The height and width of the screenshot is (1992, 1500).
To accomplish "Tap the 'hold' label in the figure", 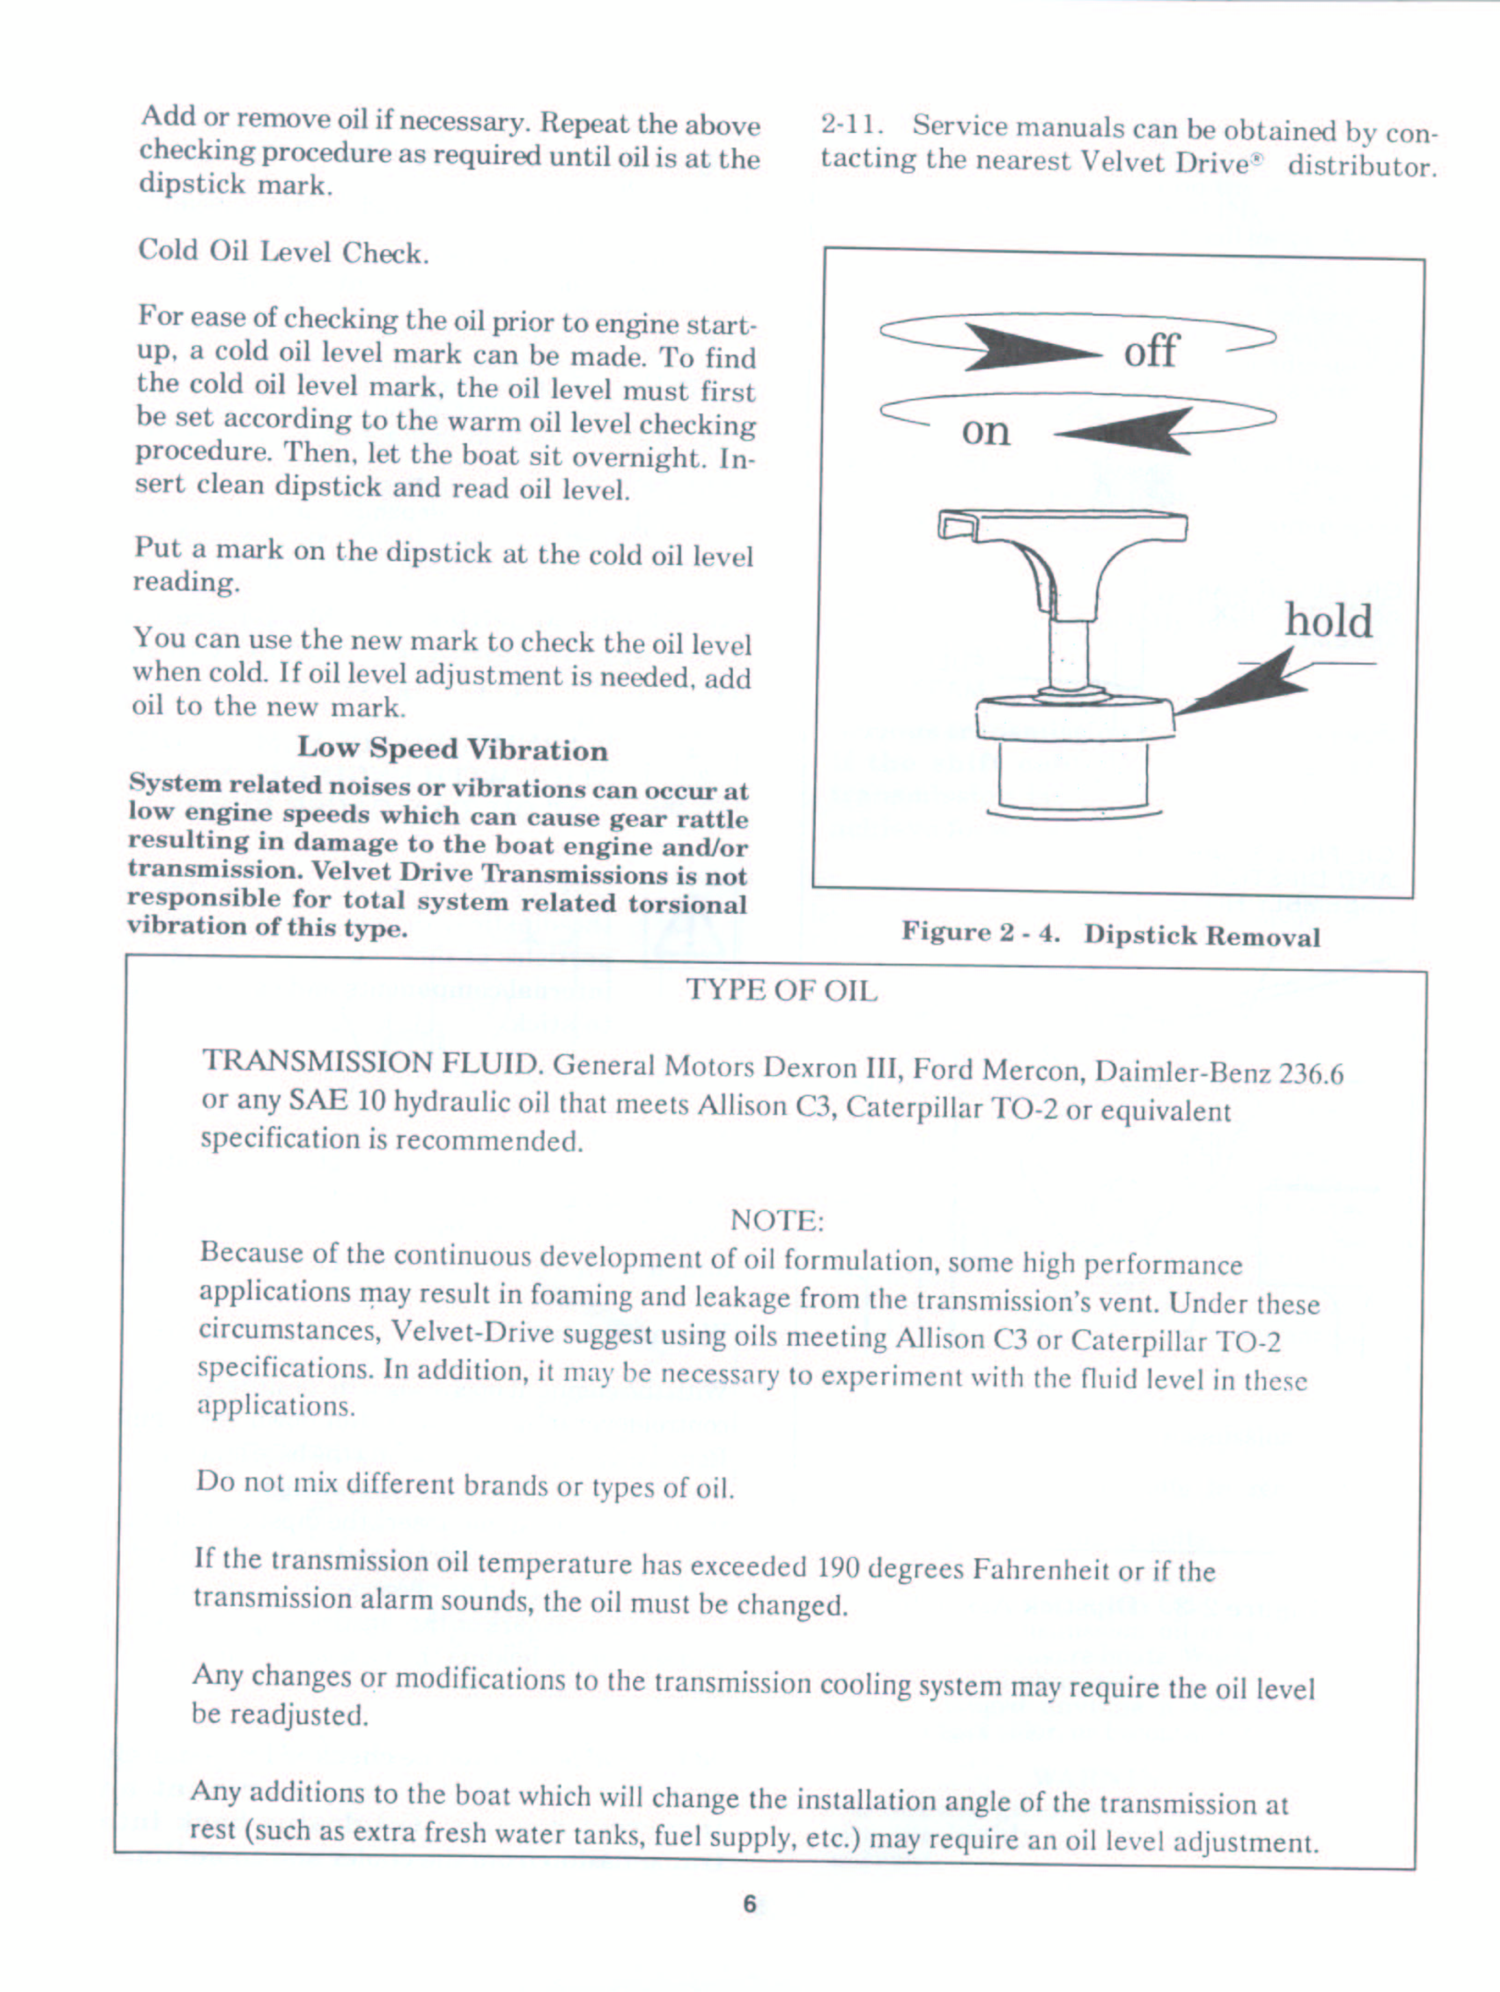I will click(x=1328, y=621).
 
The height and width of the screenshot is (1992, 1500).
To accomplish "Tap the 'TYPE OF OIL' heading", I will click(x=782, y=991).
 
